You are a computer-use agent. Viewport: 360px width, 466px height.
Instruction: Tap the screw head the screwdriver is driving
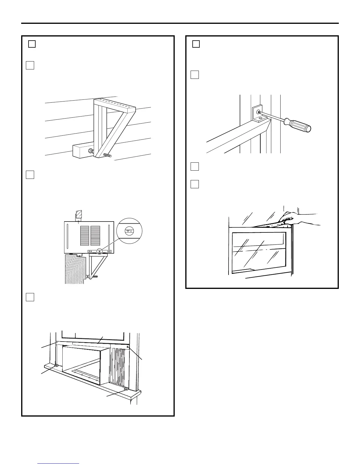click(258, 112)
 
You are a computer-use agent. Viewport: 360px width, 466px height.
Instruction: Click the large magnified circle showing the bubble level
click(129, 231)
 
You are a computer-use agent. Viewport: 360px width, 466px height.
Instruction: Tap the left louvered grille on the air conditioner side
click(85, 236)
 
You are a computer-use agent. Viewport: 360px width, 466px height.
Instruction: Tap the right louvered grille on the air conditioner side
click(96, 236)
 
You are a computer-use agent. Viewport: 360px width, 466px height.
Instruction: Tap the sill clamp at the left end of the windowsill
click(56, 366)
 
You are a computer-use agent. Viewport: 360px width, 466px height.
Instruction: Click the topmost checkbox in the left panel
click(32, 44)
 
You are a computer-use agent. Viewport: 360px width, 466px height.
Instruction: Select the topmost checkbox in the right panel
click(196, 44)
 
